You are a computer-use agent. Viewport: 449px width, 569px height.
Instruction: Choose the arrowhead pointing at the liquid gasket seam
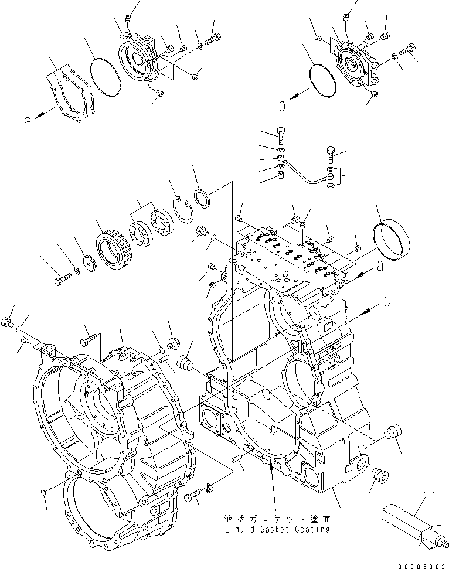point(270,465)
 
